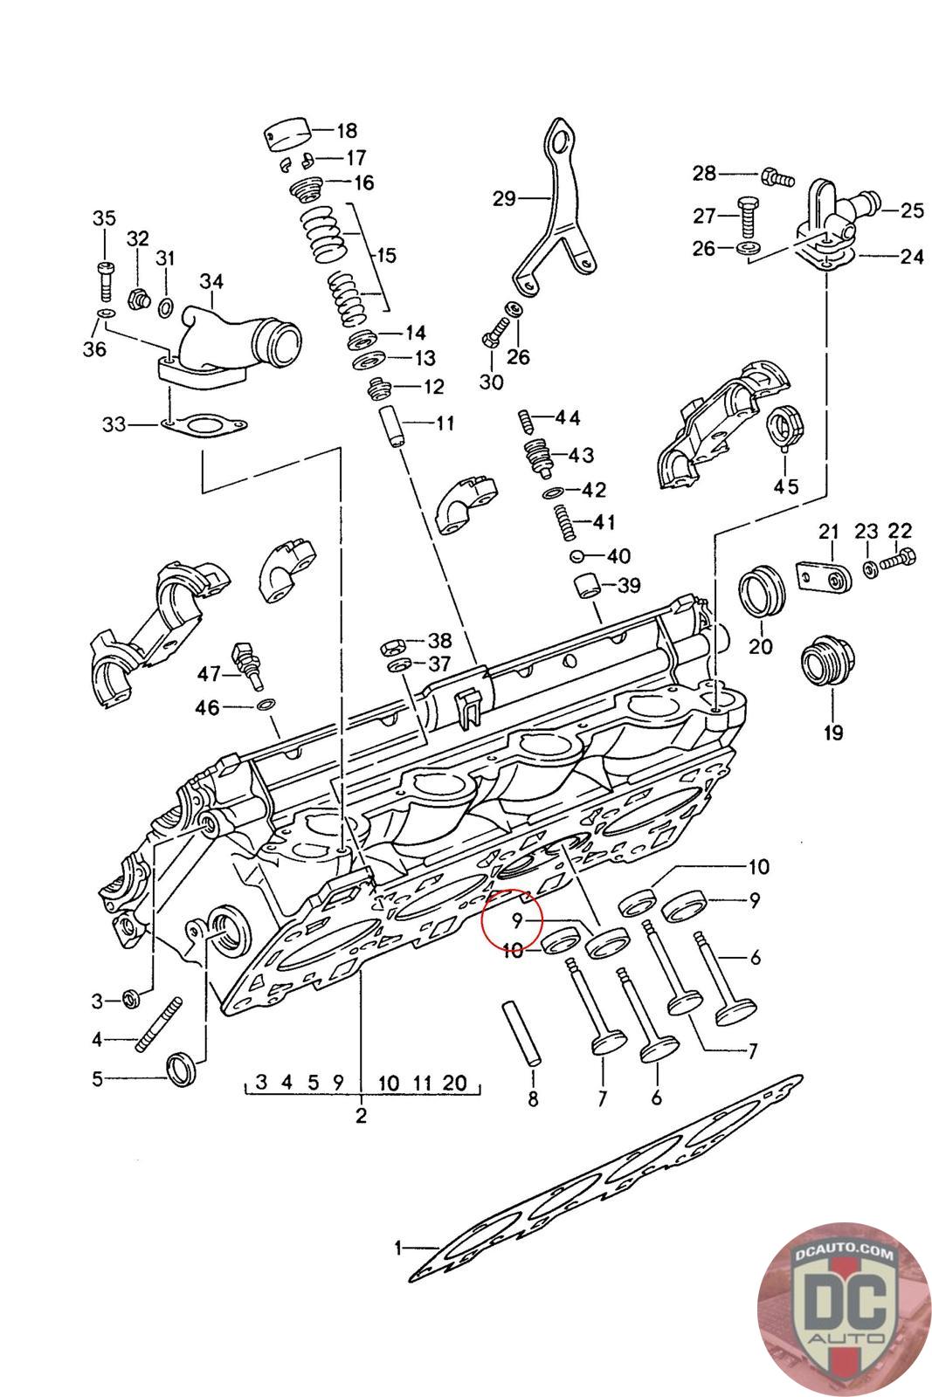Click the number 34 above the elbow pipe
coord(211,282)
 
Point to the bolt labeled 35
coord(104,279)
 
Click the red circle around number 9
coord(514,919)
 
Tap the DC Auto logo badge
coord(844,1310)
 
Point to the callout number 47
coord(209,673)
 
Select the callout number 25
coord(913,210)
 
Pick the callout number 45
coord(786,485)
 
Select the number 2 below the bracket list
coord(361,1115)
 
